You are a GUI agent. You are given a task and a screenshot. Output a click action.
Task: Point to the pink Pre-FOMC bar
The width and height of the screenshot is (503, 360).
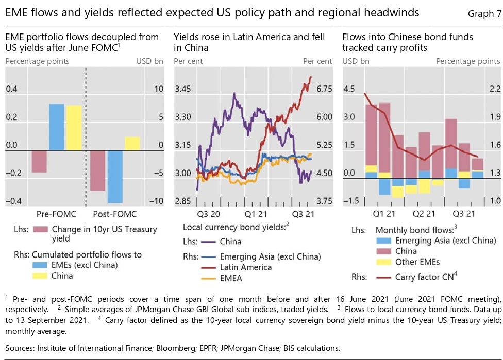point(39,161)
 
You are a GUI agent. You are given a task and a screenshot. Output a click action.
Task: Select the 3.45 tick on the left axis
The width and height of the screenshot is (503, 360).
point(183,89)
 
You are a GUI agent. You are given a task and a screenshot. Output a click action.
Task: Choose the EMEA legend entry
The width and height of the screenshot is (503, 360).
point(231,279)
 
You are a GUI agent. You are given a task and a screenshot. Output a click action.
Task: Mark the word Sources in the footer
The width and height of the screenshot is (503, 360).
point(21,348)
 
